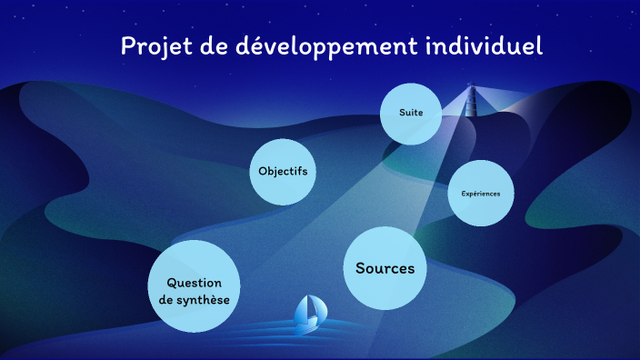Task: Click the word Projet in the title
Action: tap(151, 46)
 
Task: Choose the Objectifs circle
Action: tap(283, 171)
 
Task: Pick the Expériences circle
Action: tap(481, 193)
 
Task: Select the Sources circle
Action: tap(385, 268)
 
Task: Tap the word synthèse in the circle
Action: tap(203, 301)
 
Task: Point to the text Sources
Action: tap(385, 268)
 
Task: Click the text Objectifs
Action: tap(283, 171)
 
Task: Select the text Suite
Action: tap(406, 113)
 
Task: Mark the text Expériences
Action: tap(481, 193)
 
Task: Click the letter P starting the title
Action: tap(128, 45)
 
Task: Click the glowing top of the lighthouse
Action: tap(471, 88)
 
